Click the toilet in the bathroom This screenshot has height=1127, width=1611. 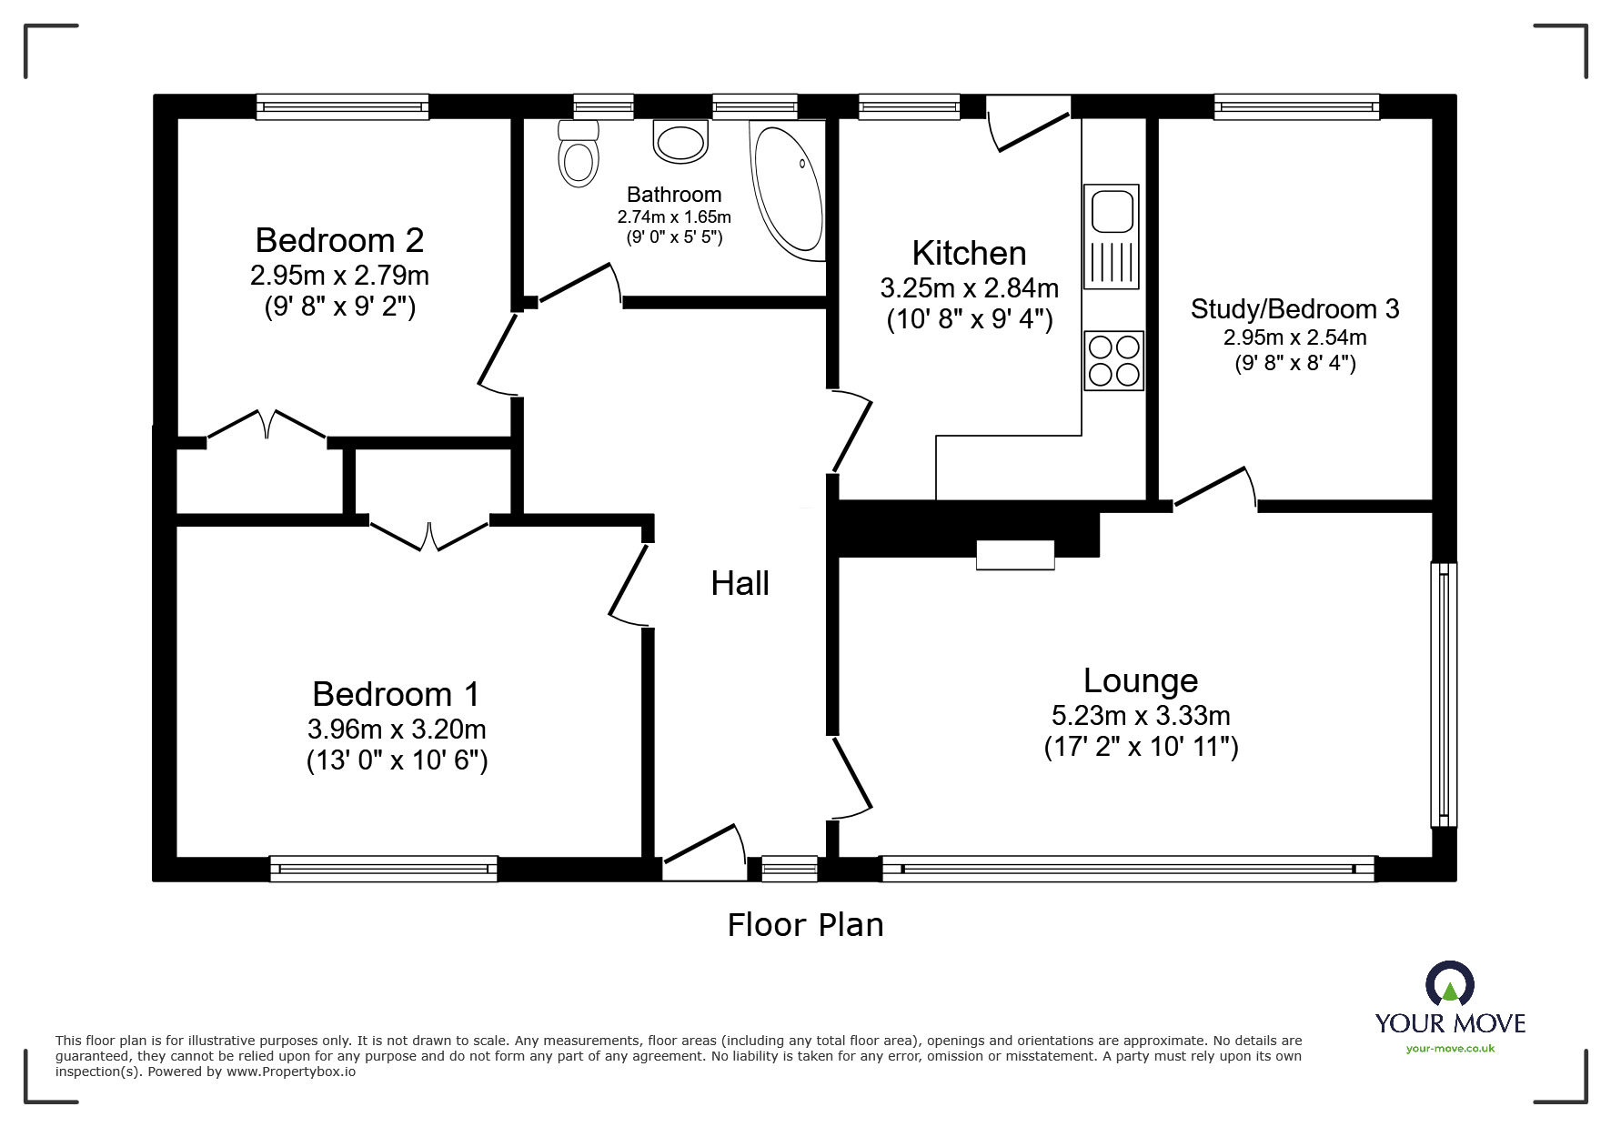coord(579,153)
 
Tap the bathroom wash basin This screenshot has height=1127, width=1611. coord(680,142)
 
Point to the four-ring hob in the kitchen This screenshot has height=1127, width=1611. coord(1113,361)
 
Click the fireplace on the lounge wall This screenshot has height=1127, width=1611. coord(1015,555)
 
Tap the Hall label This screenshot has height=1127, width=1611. coord(740,583)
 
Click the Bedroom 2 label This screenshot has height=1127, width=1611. coord(339,240)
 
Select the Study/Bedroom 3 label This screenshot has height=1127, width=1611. coord(1294,309)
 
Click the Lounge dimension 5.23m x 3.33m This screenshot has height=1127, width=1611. coord(1141,715)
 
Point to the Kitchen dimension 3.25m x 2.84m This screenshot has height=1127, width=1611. coord(969,288)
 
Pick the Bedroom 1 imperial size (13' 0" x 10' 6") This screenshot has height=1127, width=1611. coord(397,760)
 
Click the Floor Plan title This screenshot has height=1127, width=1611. coord(805,925)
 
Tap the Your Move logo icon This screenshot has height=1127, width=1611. coord(1450,984)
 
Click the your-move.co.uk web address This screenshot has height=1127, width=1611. coord(1450,1049)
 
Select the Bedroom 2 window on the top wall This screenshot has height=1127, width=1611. coord(342,107)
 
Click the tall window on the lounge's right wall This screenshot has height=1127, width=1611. coord(1444,694)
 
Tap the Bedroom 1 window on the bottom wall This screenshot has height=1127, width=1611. coord(384,869)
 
